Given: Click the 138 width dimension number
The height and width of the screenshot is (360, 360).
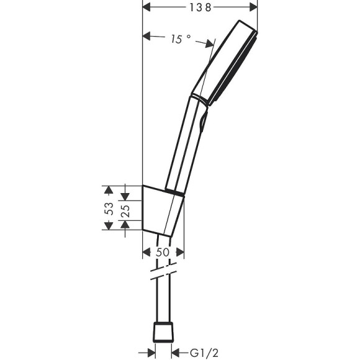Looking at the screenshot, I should (200, 7).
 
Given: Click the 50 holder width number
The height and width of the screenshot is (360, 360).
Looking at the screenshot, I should (163, 253).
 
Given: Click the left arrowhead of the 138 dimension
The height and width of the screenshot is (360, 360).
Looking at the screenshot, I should (148, 7).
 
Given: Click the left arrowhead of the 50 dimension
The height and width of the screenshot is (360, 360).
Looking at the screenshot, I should (148, 253).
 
